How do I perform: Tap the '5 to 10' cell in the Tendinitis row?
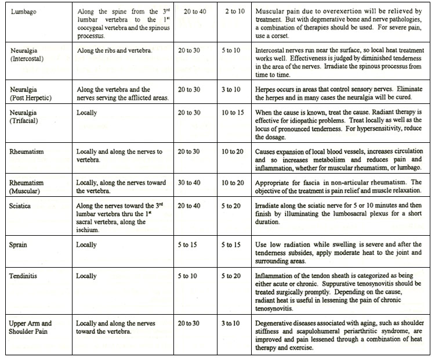tap(189, 276)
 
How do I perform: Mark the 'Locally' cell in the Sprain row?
tap(87, 244)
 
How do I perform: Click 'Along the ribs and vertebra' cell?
tap(114, 50)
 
